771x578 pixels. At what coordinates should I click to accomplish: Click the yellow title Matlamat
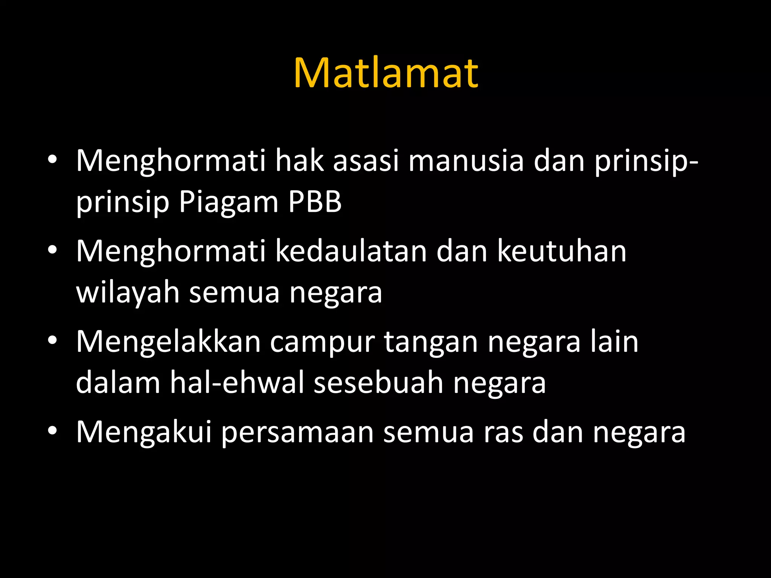click(x=386, y=73)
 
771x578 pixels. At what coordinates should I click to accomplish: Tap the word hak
click(x=300, y=161)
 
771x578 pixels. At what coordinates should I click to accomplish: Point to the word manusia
click(x=466, y=161)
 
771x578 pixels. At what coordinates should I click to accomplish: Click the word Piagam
click(x=229, y=202)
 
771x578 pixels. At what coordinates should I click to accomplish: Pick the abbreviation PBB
click(x=315, y=202)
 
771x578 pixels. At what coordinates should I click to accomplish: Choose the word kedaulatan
click(x=351, y=251)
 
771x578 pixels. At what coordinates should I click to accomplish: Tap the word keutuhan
click(x=562, y=251)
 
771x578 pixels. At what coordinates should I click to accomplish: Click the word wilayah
click(x=128, y=293)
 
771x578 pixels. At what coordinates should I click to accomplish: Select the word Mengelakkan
click(x=168, y=342)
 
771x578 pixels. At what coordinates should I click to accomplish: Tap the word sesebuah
click(x=379, y=383)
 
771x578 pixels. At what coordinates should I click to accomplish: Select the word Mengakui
click(x=144, y=432)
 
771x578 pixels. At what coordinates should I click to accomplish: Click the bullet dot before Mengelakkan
click(x=52, y=340)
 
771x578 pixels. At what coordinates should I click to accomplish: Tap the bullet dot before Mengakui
click(x=52, y=430)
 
